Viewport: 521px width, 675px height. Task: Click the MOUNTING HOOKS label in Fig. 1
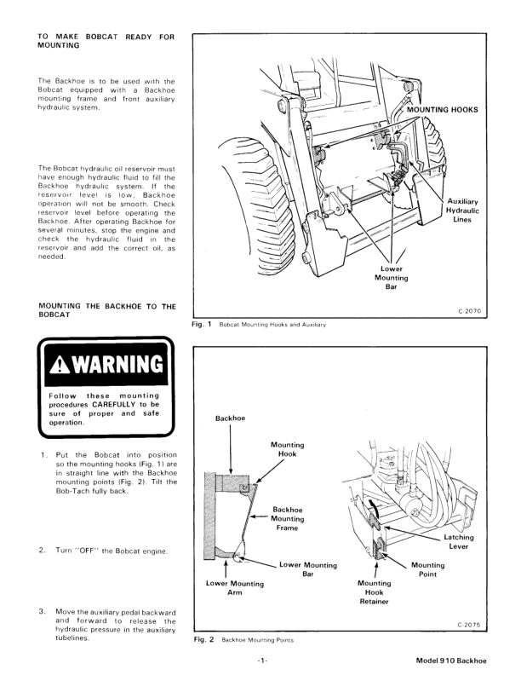click(x=442, y=110)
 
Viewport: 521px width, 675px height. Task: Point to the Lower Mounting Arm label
click(x=236, y=588)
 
